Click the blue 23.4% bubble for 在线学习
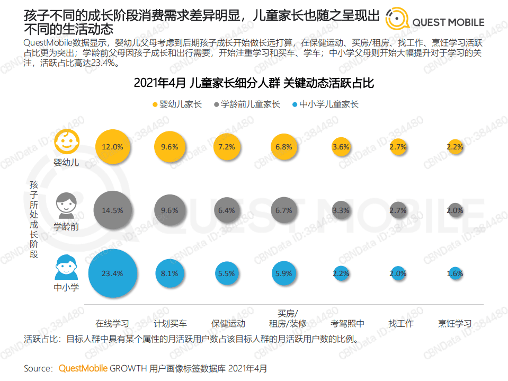click(x=112, y=274)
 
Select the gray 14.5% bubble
click(x=112, y=210)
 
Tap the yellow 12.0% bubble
click(x=112, y=147)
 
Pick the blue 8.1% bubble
click(x=170, y=274)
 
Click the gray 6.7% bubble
click(x=284, y=210)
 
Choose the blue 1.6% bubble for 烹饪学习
click(x=454, y=274)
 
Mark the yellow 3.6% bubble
click(x=341, y=147)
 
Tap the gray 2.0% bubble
click(x=454, y=210)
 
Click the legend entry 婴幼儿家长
click(x=177, y=104)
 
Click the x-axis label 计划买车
click(x=170, y=323)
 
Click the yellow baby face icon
click(x=66, y=141)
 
